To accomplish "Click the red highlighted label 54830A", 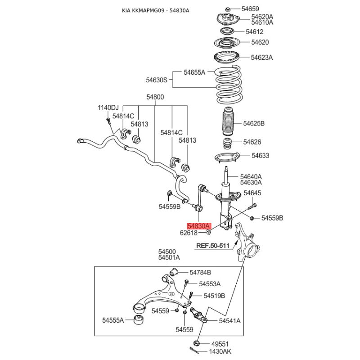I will coord(198,226).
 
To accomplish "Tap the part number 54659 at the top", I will coord(250,9).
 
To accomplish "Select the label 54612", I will coord(254,32).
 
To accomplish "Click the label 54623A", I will coord(262,58).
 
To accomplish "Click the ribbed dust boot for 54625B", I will coord(228,123).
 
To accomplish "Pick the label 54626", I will coord(252,142).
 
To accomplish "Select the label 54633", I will coord(260,156).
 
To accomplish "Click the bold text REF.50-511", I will coord(213,246).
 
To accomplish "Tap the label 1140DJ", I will coord(108,108).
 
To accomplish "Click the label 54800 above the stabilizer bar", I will coord(155,97).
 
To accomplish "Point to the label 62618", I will coord(189,233).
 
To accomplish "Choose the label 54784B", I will coord(200,272).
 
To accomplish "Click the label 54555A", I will coord(112,320).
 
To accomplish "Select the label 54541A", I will coord(229,321).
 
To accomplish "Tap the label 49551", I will coord(220,343).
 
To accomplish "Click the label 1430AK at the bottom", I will coord(220,352).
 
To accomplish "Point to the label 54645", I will coord(252,193).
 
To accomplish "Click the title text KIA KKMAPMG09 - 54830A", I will coord(156,10).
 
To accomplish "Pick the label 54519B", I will coord(214,296).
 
